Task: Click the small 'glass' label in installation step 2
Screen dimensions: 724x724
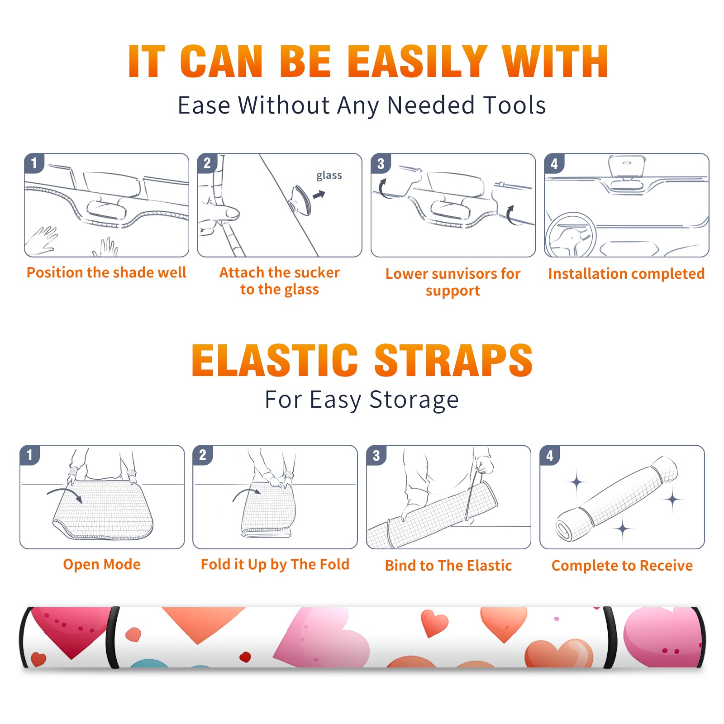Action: pos(329,176)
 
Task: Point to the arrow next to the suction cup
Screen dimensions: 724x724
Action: pos(319,195)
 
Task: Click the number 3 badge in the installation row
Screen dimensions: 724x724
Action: pos(381,163)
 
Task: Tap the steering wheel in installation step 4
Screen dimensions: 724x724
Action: pos(571,235)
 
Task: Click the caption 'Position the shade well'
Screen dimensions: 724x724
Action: pos(106,272)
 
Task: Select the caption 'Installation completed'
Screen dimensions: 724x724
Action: pos(626,273)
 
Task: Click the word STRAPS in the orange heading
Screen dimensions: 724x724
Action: pos(453,360)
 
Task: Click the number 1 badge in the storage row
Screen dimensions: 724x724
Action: pos(30,455)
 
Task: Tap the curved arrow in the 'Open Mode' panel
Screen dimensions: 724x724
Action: pos(64,493)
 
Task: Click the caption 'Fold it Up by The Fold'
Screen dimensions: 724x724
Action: pos(275,565)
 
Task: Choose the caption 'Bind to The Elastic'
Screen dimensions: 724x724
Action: pos(448,566)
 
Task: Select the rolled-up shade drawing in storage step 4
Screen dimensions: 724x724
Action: pos(617,499)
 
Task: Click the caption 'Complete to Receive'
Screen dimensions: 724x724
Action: pos(622,566)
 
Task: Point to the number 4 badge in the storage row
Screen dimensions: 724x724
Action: pos(550,455)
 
